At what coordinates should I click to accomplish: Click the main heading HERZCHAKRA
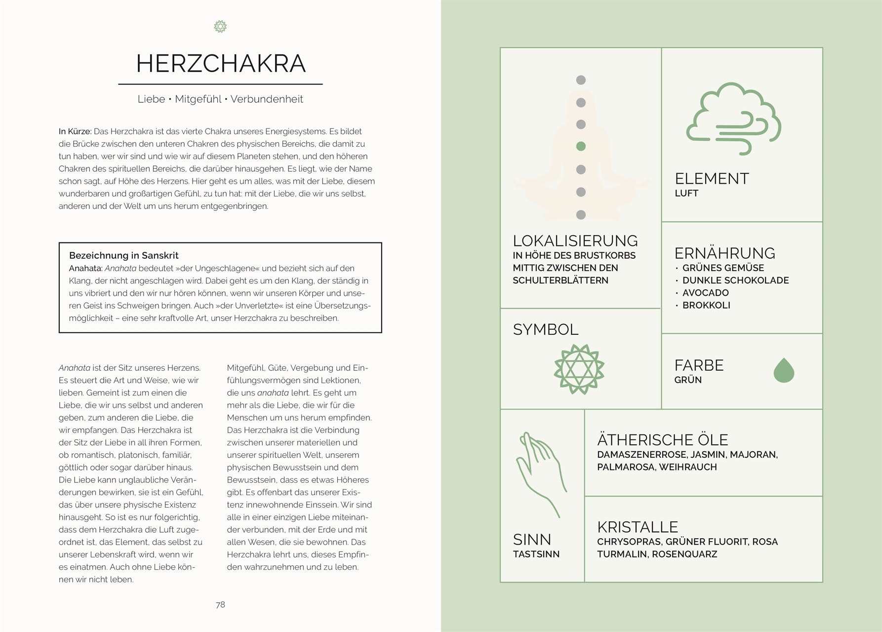click(221, 63)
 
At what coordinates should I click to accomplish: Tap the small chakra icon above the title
click(220, 27)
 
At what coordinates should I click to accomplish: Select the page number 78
click(220, 605)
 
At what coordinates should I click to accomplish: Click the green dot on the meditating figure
click(581, 146)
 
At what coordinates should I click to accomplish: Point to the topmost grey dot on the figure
click(581, 80)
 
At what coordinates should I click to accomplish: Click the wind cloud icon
click(733, 118)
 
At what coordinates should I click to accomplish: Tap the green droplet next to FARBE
click(783, 370)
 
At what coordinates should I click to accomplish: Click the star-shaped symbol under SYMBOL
click(579, 369)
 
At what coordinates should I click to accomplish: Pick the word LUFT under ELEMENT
click(686, 194)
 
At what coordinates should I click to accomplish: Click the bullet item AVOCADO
click(705, 293)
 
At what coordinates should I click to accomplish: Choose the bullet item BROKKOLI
click(706, 305)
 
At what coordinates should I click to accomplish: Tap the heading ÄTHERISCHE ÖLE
click(662, 440)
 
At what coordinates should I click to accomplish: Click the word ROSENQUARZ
click(684, 554)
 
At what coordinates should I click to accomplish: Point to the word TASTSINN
click(536, 554)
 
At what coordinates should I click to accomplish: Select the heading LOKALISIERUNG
click(575, 241)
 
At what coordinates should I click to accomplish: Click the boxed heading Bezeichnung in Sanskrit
click(123, 256)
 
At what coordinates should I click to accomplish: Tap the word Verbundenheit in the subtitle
click(267, 99)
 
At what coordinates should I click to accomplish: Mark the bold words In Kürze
click(75, 131)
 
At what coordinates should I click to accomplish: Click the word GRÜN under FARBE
click(688, 380)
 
